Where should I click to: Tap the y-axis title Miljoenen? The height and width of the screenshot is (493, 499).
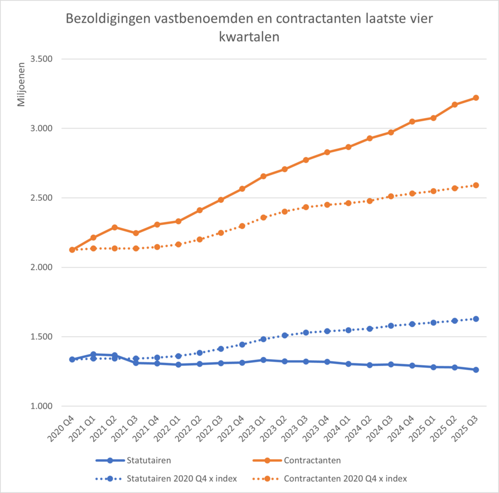[21, 85]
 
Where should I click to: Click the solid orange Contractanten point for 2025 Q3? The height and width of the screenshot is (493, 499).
[476, 98]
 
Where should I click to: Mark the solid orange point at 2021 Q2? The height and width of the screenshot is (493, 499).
[114, 227]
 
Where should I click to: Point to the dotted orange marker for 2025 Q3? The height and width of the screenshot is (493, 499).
[476, 185]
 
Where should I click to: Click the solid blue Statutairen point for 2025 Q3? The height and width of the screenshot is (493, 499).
[476, 370]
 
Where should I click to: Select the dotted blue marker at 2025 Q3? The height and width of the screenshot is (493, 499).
[476, 319]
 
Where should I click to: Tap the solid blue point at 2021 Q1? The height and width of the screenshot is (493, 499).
[93, 354]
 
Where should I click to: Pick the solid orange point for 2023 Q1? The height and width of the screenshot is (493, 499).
[263, 176]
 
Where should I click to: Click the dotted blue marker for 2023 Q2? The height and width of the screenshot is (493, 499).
[284, 335]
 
